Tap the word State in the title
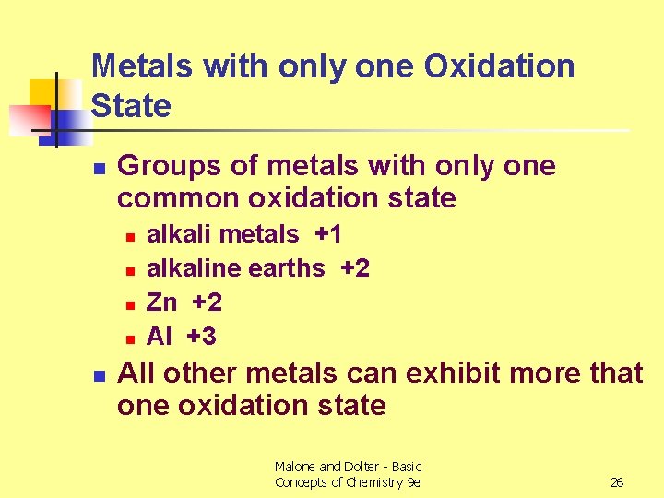click(x=132, y=105)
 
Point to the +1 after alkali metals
click(x=328, y=235)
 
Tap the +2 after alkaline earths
click(x=355, y=268)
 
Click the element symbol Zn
click(x=161, y=302)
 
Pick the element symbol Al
click(x=159, y=337)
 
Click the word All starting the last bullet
click(x=136, y=373)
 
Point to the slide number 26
click(x=617, y=482)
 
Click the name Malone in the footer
click(x=295, y=467)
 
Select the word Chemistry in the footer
click(x=374, y=482)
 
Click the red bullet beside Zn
click(x=131, y=303)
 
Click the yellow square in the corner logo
click(x=43, y=93)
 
